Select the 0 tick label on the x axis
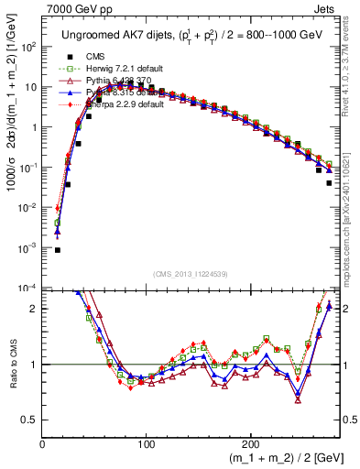click(42, 444)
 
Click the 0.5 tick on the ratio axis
click(29, 420)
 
